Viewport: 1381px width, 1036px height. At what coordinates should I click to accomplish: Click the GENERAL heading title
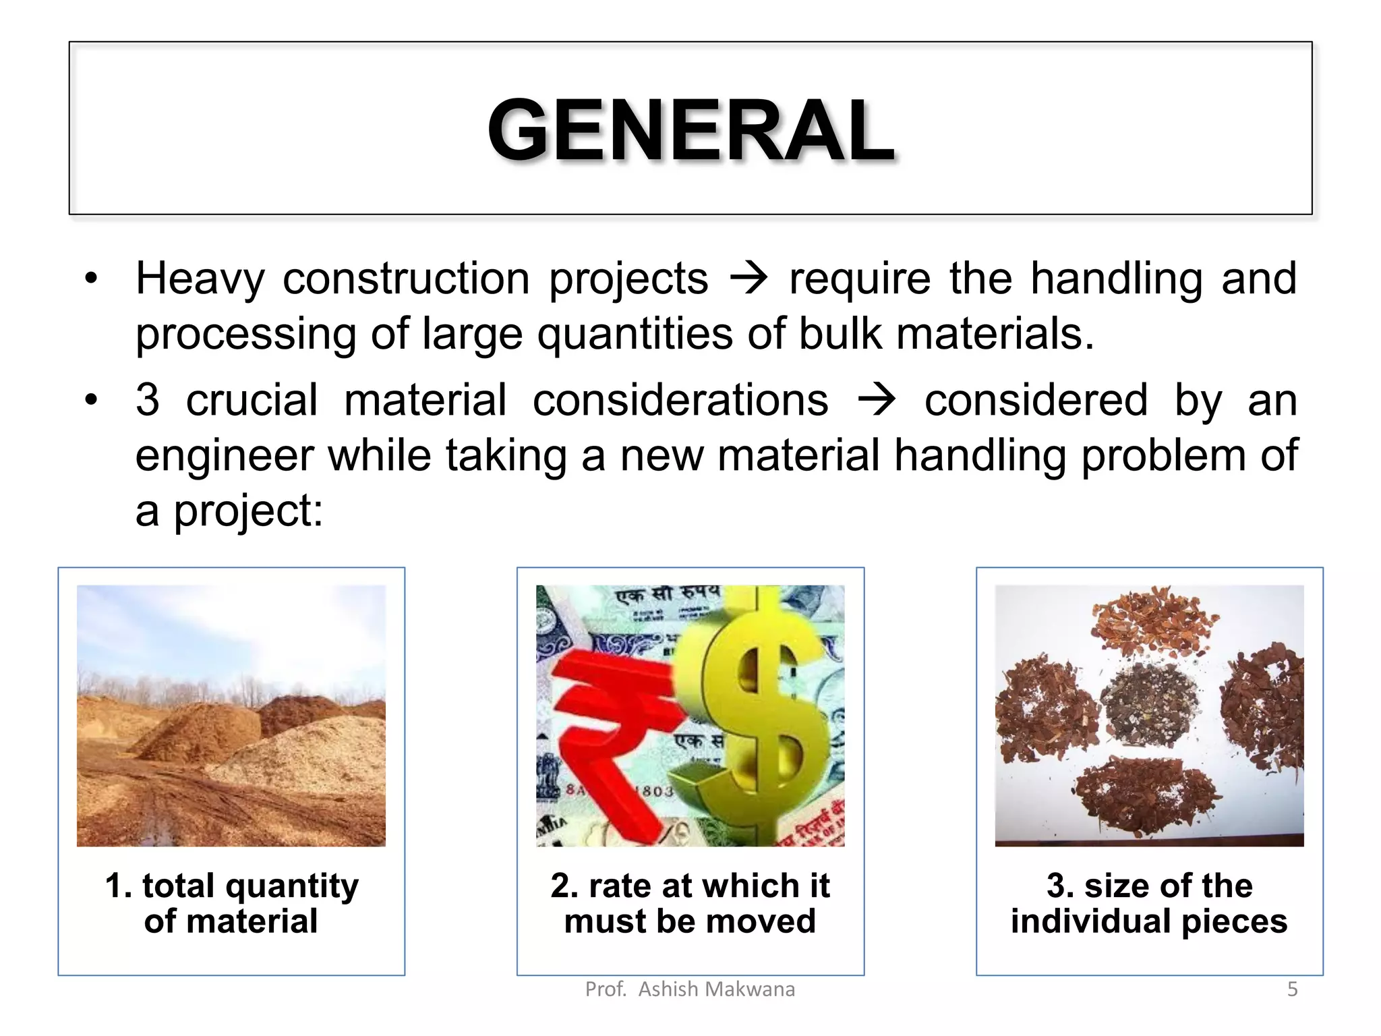point(690,129)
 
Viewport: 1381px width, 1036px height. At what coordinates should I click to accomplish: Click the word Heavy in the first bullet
point(200,279)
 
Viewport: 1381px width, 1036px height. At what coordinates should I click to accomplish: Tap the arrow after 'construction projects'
point(748,278)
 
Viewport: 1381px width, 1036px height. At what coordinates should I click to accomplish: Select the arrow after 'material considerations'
point(876,400)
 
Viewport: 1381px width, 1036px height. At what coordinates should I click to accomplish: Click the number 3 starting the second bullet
point(148,400)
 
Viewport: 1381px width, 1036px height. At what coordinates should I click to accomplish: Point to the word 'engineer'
point(224,456)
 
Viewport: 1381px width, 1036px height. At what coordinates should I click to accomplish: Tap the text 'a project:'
point(229,511)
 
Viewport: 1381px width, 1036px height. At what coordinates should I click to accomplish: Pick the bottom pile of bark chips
point(1146,796)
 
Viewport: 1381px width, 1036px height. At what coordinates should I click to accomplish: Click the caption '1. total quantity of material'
point(231,903)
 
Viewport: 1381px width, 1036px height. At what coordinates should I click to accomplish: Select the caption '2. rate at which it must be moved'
point(690,903)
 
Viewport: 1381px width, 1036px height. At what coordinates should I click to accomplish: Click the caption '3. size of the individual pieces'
point(1149,903)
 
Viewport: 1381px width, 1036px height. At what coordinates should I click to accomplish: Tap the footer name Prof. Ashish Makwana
point(690,989)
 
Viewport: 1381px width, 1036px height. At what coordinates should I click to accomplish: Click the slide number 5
point(1292,989)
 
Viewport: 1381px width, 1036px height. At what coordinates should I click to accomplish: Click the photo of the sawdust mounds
point(231,715)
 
